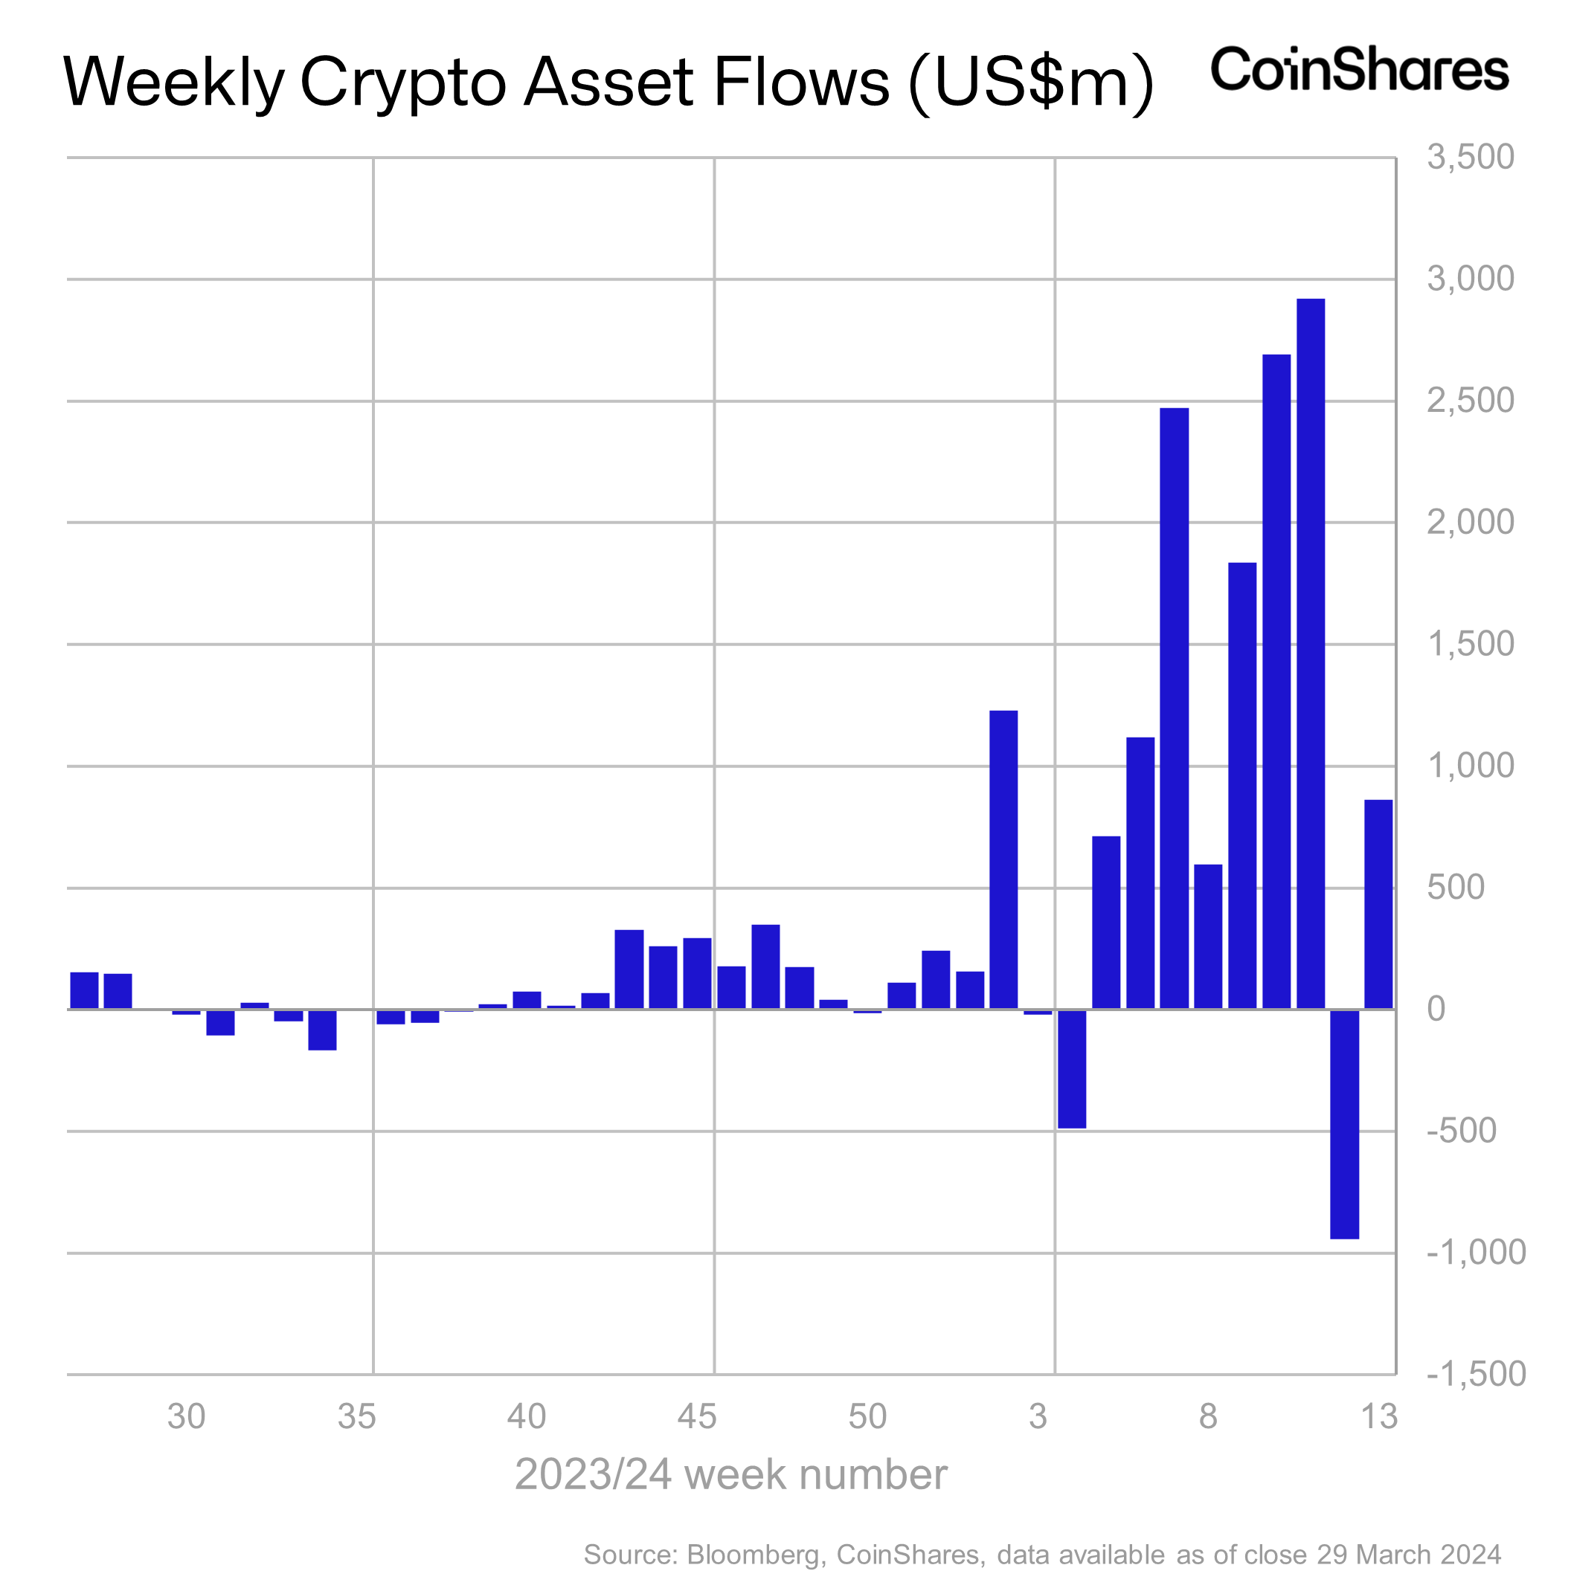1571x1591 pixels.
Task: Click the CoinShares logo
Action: pos(1358,69)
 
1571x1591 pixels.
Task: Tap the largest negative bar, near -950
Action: pos(1343,1124)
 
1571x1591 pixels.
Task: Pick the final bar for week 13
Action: pos(1378,904)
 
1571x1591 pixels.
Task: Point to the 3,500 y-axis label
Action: pos(1470,158)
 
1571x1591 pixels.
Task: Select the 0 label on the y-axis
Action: pos(1436,1010)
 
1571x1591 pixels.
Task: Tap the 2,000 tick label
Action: pos(1470,522)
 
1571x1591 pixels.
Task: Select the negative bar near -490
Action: pos(1072,1069)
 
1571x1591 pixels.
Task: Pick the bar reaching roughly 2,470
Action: pos(1174,709)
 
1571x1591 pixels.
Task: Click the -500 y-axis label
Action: pos(1462,1132)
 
